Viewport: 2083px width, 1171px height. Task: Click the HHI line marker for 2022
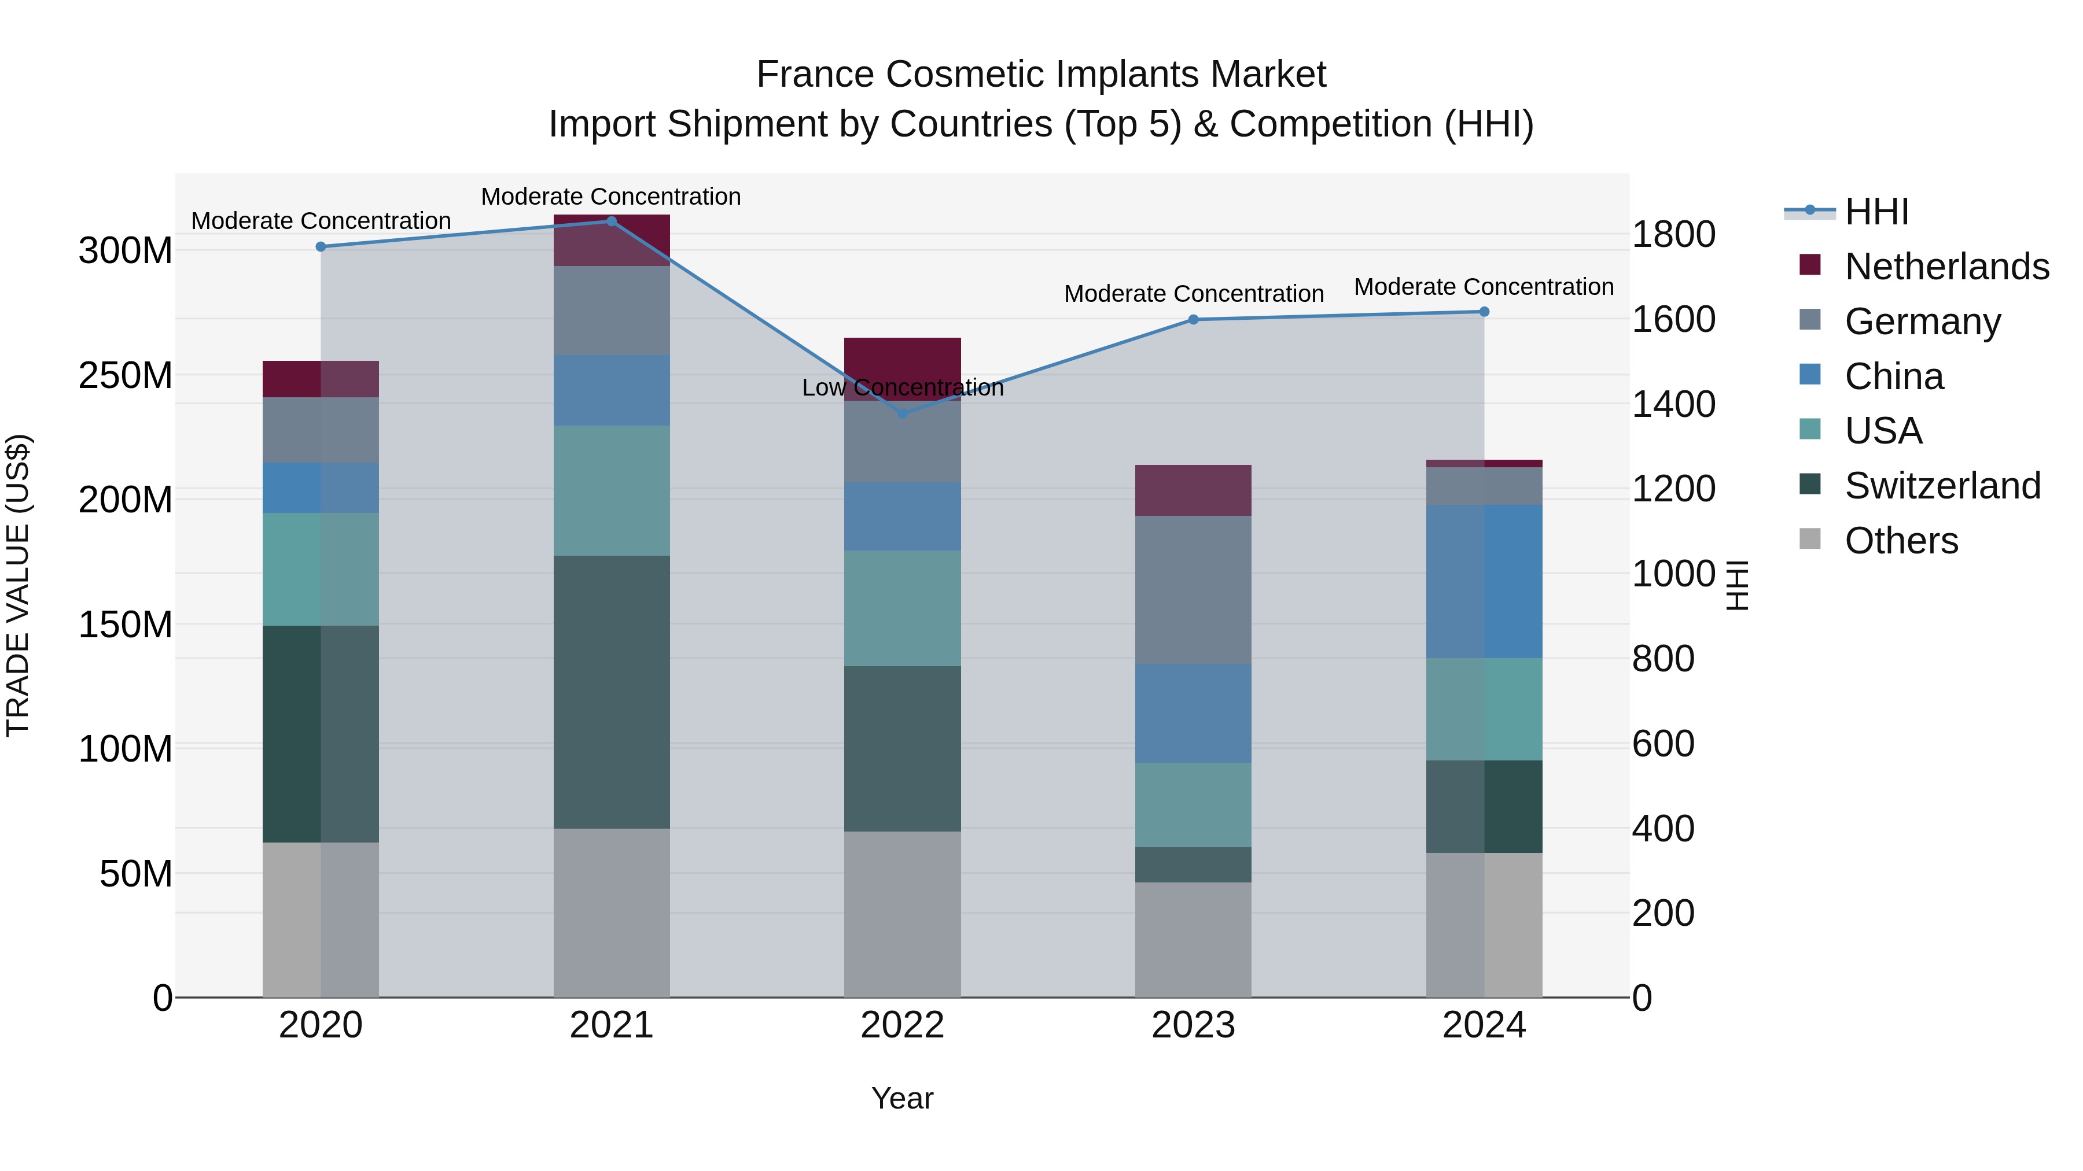pyautogui.click(x=903, y=413)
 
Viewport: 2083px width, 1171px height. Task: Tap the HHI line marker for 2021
pyautogui.click(x=612, y=221)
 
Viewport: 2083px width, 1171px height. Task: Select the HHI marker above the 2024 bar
pyautogui.click(x=1484, y=311)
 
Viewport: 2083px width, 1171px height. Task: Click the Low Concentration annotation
pyautogui.click(x=903, y=388)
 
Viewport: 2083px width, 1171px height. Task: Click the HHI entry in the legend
pyautogui.click(x=1876, y=212)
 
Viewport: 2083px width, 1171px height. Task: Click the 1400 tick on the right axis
pyautogui.click(x=1673, y=404)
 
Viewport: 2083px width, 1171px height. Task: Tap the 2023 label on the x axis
pyautogui.click(x=1193, y=1025)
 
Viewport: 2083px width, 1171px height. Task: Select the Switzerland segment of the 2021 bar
pyautogui.click(x=612, y=691)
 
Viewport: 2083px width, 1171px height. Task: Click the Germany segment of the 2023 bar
pyautogui.click(x=1193, y=589)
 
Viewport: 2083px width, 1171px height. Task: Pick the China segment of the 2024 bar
pyautogui.click(x=1484, y=581)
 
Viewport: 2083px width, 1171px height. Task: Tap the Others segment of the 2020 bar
pyautogui.click(x=320, y=919)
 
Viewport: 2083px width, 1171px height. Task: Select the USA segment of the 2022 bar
pyautogui.click(x=903, y=608)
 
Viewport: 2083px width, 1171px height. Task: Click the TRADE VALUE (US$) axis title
pyautogui.click(x=18, y=585)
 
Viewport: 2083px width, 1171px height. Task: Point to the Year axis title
pyautogui.click(x=903, y=1098)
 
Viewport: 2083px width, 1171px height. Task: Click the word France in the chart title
pyautogui.click(x=815, y=75)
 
